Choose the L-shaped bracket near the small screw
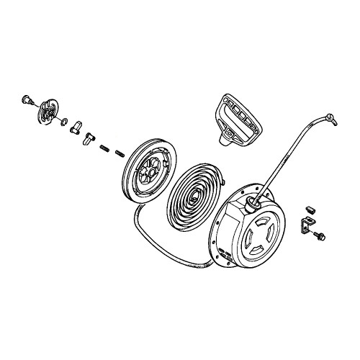point(306,226)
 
